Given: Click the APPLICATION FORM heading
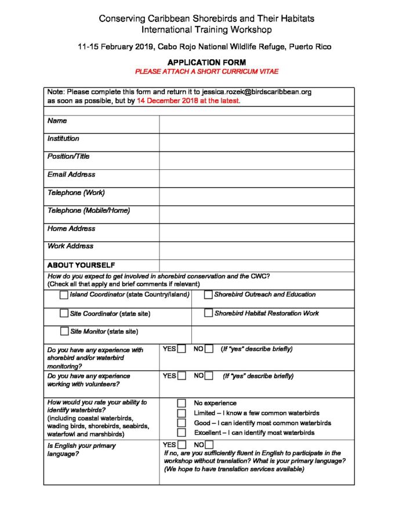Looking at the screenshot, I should [x=206, y=62].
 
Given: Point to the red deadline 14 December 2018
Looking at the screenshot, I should [x=168, y=100].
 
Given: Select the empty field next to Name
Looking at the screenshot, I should [x=256, y=124].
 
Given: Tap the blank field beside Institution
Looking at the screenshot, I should [x=256, y=142].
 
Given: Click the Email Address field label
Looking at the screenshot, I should [x=71, y=174].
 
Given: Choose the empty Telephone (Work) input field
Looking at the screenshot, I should [x=256, y=196].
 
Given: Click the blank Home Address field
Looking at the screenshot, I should [x=256, y=232].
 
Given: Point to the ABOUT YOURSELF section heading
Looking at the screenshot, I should [x=81, y=265].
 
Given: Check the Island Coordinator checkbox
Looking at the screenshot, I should [x=64, y=295].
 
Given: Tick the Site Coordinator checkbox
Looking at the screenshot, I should [x=64, y=313].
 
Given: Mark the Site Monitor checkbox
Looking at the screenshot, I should [x=64, y=332].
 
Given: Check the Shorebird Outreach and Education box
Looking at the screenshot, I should [x=208, y=295].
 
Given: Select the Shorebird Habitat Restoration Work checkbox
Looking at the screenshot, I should [x=208, y=313].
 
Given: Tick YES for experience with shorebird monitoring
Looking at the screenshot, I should [x=181, y=349].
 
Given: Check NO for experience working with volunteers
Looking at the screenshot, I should [x=209, y=376].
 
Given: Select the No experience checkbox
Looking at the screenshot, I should [x=181, y=403].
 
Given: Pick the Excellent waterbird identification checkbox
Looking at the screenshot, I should [x=181, y=433].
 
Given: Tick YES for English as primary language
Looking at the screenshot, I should [x=181, y=445].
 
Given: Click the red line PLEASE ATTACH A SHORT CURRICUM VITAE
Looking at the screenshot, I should [x=206, y=71].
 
